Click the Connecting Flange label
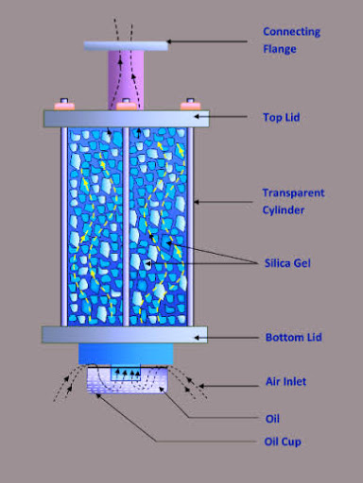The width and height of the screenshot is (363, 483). [x=291, y=39]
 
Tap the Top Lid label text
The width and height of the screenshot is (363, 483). [x=281, y=118]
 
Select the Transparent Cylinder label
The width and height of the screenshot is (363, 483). [x=293, y=201]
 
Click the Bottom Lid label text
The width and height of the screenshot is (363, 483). [x=290, y=337]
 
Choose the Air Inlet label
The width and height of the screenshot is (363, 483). [x=285, y=383]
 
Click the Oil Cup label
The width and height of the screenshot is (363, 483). [x=283, y=441]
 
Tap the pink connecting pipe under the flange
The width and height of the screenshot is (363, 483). [x=126, y=79]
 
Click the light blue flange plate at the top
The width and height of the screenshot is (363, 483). [x=126, y=43]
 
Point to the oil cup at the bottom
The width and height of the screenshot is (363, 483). [x=126, y=382]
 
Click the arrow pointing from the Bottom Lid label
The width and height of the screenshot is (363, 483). [x=232, y=335]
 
